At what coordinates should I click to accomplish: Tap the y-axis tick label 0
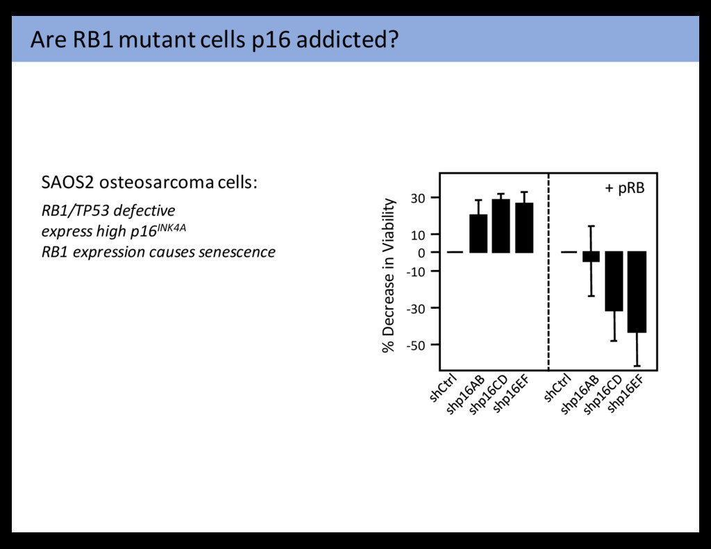[422, 253]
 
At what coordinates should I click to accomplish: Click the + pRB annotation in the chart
[624, 188]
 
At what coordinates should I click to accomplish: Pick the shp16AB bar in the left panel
[478, 233]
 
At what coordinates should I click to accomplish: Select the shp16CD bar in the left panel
[501, 226]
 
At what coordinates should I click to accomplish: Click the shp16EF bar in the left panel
[524, 228]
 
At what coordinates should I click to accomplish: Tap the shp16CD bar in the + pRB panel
[614, 281]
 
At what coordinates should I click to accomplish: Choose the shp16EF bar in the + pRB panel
[637, 292]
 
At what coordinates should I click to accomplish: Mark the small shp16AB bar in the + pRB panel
[591, 257]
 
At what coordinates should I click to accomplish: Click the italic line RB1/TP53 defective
[108, 210]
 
